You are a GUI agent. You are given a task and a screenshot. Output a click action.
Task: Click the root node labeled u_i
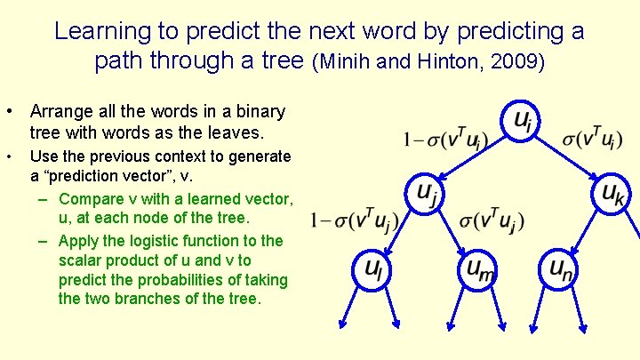(x=521, y=123)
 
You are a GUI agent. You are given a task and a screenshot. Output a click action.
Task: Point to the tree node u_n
(x=560, y=268)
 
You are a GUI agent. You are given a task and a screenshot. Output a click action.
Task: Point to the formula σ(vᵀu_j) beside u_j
(x=492, y=220)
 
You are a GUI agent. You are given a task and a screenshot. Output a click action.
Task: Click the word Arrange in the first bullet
(x=59, y=112)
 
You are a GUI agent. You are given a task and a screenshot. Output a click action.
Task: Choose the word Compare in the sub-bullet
(x=90, y=198)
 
